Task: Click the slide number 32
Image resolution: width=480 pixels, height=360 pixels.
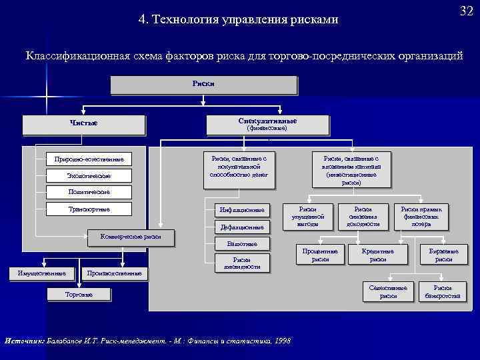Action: (x=466, y=12)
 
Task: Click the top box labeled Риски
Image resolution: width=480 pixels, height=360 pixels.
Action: (x=203, y=85)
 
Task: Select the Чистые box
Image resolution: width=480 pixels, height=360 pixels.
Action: (x=83, y=123)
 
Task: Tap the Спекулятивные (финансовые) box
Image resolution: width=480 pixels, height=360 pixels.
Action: (x=267, y=124)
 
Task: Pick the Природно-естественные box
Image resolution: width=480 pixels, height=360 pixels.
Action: (x=89, y=159)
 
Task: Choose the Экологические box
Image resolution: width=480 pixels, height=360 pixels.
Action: (x=89, y=175)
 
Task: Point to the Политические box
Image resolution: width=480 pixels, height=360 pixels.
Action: (x=89, y=192)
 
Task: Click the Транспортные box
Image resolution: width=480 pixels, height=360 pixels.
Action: (x=89, y=209)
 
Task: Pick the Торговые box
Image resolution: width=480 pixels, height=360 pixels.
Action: (x=79, y=294)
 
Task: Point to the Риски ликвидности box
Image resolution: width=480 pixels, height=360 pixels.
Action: (x=241, y=263)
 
